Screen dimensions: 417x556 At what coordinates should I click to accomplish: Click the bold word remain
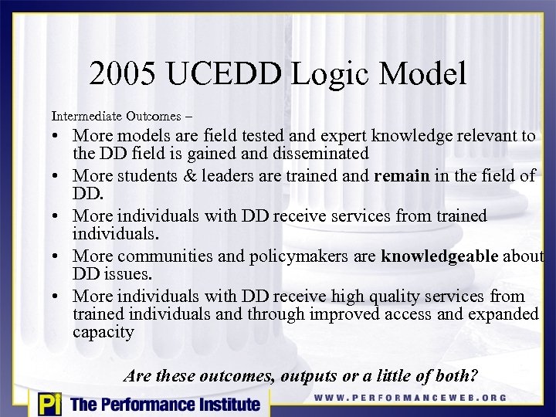(402, 176)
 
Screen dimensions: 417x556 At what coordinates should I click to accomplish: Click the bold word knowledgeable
(439, 256)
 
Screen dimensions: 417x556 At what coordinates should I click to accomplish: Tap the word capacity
(103, 332)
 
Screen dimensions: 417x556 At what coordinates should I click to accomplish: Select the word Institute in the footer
(225, 404)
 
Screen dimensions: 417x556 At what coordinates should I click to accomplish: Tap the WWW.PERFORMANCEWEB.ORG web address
(411, 398)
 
